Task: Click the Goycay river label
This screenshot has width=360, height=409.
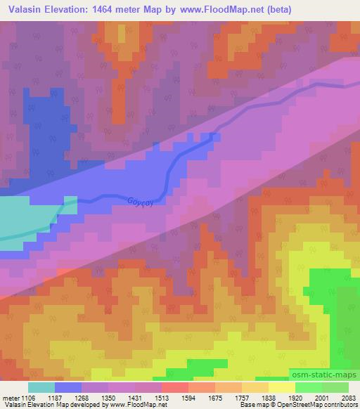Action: click(x=139, y=202)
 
